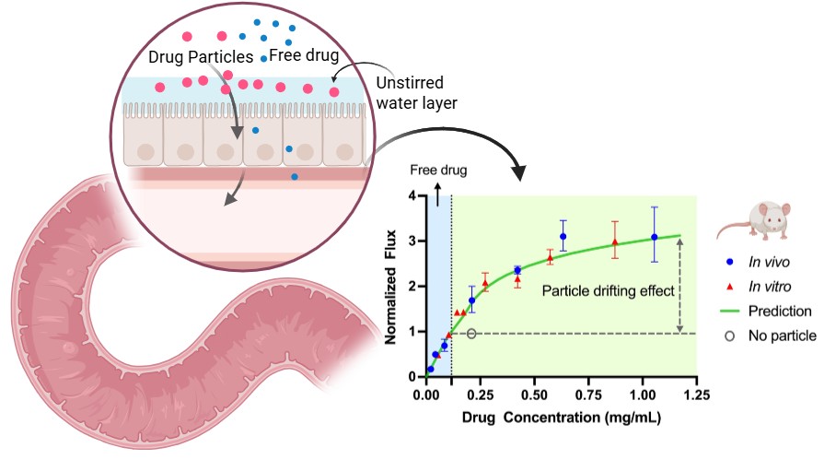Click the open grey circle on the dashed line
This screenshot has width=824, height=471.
coord(471,334)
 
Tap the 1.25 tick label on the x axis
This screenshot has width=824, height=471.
coord(697,396)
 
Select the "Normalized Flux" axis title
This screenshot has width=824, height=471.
coord(392,286)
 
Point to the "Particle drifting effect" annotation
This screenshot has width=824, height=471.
coord(609,290)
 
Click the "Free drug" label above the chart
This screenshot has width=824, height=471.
coord(438,171)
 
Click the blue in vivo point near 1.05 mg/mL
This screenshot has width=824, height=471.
coord(655,237)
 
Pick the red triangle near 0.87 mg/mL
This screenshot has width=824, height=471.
coord(615,242)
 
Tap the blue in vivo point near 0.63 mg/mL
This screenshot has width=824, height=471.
coord(563,237)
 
